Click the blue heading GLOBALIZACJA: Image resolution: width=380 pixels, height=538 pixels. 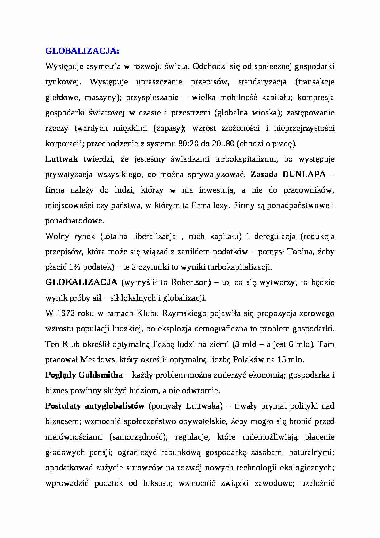click(82, 51)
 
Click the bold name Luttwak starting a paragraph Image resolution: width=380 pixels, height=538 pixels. click(62, 159)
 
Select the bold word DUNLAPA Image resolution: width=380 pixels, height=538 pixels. click(304, 174)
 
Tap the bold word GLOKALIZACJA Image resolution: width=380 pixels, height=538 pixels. click(81, 282)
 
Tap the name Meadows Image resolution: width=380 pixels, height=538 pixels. click(98, 359)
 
